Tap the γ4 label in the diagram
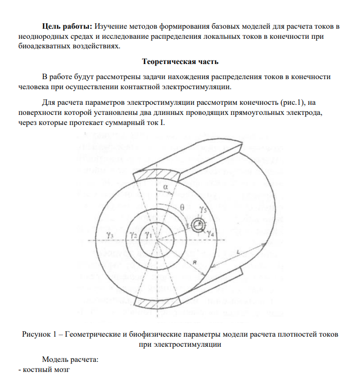click(211, 234)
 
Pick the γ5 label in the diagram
click(203, 209)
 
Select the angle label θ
click(183, 207)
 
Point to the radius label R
click(194, 263)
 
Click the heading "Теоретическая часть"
click(180, 62)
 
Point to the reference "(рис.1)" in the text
click(294, 103)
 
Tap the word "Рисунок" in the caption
click(36, 335)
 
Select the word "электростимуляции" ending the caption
click(190, 345)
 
